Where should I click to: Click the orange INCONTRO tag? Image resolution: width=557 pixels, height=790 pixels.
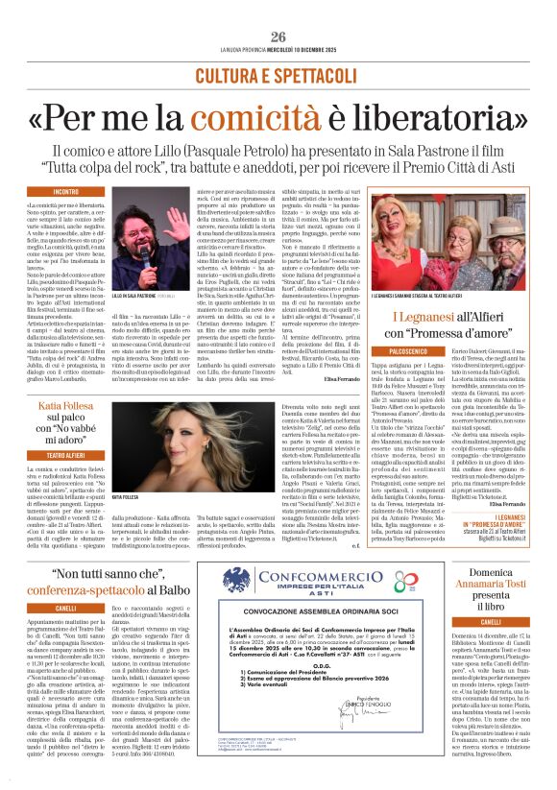[66, 192]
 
